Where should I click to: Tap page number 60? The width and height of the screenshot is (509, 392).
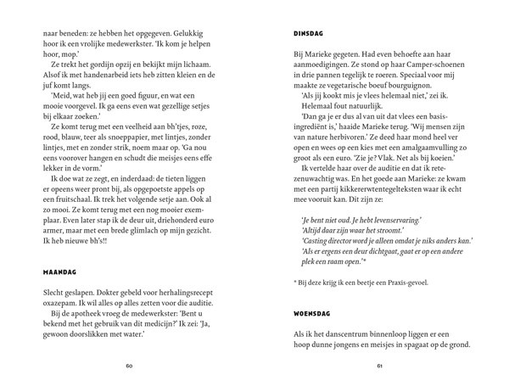129,367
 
